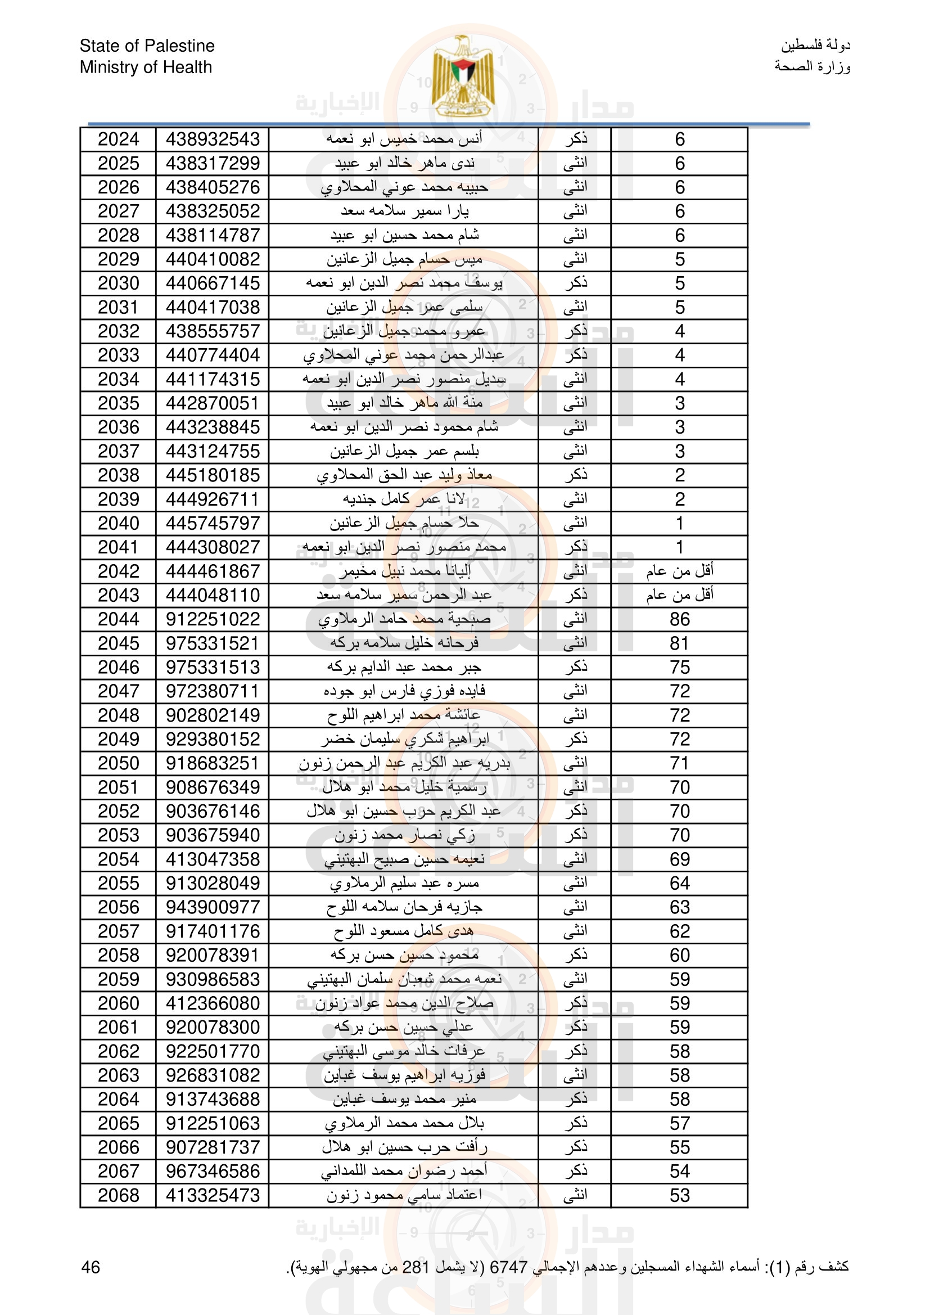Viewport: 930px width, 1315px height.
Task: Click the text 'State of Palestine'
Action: (x=147, y=46)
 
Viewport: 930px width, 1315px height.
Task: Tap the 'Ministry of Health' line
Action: (x=146, y=67)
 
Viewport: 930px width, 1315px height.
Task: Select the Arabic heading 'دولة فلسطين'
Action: (x=815, y=45)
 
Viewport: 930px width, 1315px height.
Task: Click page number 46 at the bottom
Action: (x=91, y=1267)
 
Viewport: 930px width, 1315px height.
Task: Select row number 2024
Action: (x=118, y=139)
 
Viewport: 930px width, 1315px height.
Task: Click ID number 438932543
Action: (x=213, y=139)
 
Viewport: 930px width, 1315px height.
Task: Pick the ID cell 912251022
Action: (x=213, y=619)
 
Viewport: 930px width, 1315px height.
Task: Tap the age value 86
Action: (x=679, y=619)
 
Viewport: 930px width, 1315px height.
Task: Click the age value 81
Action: (x=679, y=643)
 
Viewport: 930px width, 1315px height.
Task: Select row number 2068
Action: (x=118, y=1195)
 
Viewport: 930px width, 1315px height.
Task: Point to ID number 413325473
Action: (x=213, y=1195)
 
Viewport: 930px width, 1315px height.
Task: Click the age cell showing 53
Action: (x=679, y=1195)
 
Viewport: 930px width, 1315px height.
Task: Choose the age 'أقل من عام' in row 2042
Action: (x=679, y=571)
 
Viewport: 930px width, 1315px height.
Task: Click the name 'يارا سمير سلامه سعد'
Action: (x=404, y=211)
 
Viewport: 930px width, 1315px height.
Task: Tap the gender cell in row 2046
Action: (x=575, y=667)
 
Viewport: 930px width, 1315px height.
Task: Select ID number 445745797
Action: (x=213, y=523)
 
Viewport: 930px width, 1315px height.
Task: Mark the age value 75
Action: (x=679, y=667)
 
